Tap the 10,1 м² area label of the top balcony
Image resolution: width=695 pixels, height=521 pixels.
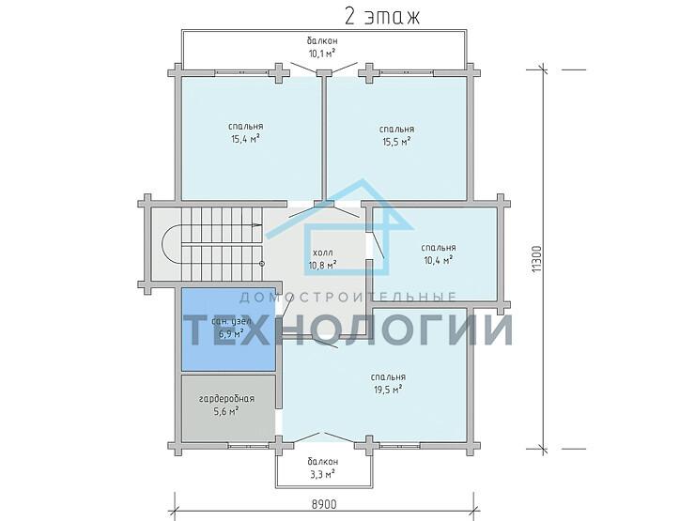tap(322, 54)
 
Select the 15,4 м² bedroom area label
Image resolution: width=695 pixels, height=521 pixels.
tap(245, 139)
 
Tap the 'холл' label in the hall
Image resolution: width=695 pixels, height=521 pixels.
tap(322, 252)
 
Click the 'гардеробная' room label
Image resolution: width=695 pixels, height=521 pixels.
tap(226, 398)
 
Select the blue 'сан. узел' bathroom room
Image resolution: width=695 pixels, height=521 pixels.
tap(227, 329)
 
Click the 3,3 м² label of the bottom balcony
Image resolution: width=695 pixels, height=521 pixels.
tap(322, 476)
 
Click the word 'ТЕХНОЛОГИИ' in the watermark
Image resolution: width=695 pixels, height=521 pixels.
tap(347, 330)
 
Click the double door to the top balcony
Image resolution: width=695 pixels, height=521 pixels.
tap(322, 66)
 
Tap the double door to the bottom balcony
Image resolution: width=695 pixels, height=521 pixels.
tap(322, 436)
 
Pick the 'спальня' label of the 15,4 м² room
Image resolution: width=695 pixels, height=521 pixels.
tap(245, 126)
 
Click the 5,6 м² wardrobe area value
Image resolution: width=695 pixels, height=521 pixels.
tap(226, 410)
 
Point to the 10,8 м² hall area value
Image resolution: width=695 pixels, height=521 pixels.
tap(322, 265)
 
